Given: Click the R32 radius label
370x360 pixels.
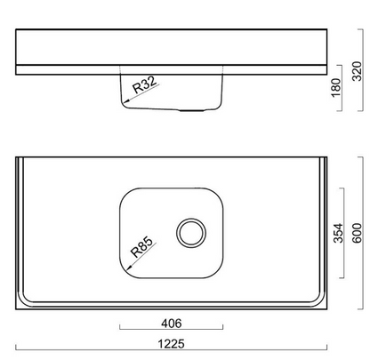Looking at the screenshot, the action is click(x=144, y=84).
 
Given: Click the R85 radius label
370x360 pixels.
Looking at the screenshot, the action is click(x=143, y=247).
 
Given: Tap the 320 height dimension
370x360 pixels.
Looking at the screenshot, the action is click(x=357, y=71).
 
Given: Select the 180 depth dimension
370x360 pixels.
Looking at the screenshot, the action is click(x=336, y=88).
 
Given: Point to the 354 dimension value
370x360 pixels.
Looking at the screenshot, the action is click(x=338, y=233).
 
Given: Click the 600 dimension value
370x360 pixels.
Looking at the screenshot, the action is click(x=357, y=233).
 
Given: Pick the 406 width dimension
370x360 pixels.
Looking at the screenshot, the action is click(x=172, y=324).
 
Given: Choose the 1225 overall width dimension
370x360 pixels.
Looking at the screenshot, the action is click(x=172, y=344).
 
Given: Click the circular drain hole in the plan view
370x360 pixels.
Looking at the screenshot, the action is click(x=191, y=233).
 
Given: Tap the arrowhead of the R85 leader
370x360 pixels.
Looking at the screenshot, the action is click(x=129, y=268).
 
